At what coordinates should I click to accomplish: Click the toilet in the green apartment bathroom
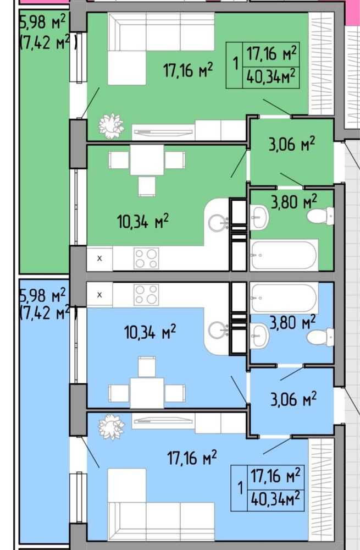320,216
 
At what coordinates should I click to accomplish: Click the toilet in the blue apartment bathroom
320,337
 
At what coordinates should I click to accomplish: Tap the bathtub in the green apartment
284,255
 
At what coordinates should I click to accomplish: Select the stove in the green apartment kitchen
146,258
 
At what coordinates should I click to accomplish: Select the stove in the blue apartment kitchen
146,294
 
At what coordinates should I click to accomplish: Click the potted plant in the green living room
112,125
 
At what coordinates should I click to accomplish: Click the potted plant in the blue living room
112,427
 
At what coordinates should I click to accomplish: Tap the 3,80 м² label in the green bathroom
293,201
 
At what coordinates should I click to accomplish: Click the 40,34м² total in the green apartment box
270,76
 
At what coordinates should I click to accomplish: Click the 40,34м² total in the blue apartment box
275,498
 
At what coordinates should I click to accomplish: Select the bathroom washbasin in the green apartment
259,217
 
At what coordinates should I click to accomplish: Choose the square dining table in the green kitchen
147,159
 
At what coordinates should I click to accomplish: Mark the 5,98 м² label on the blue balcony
43,295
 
